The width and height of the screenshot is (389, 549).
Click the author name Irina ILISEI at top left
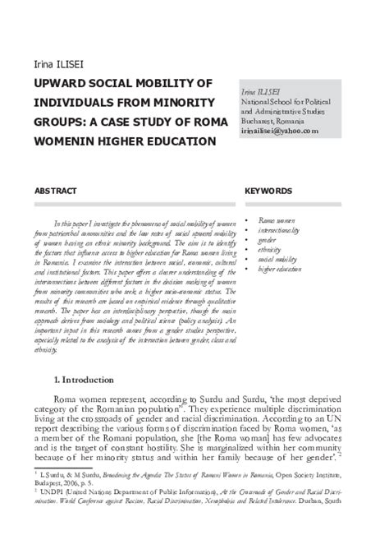[x=58, y=65]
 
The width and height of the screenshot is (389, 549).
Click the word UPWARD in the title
[x=61, y=83]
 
